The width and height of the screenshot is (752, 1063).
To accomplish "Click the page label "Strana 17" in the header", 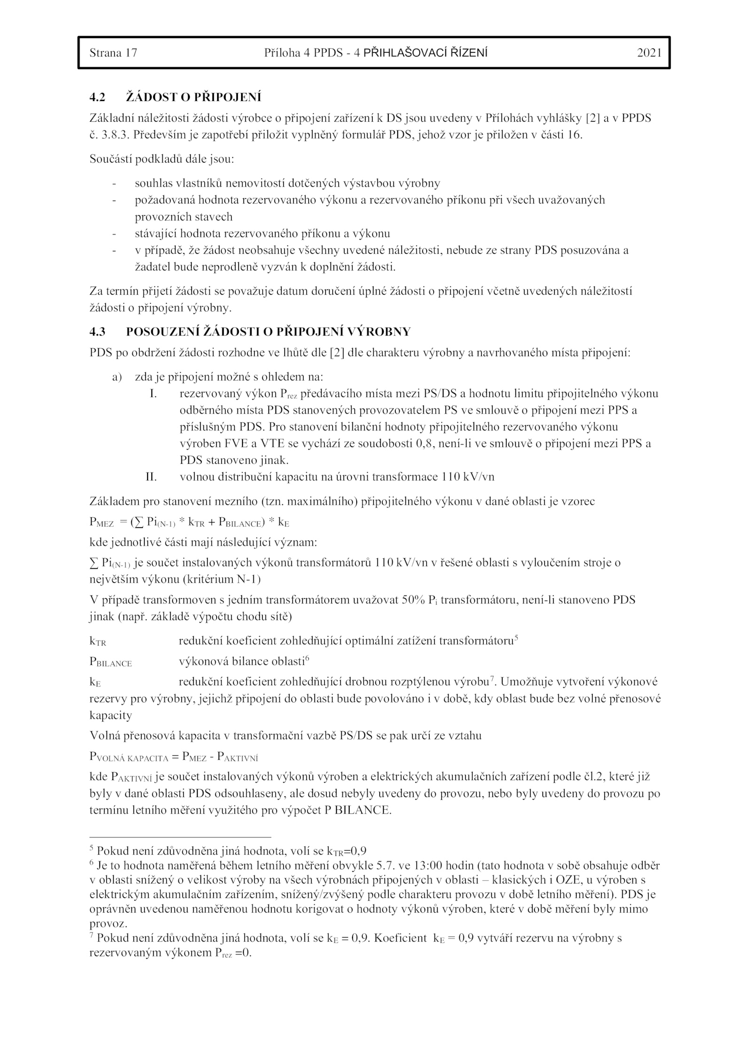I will click(113, 53).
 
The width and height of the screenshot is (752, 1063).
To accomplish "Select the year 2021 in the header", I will click(649, 53).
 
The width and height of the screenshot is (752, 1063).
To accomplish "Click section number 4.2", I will click(97, 97).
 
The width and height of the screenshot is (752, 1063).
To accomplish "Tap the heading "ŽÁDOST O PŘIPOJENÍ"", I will click(193, 97).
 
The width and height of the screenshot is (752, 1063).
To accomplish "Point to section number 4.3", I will click(97, 332).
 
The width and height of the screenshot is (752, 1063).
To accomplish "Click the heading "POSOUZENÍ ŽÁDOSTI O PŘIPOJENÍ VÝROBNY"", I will click(268, 332).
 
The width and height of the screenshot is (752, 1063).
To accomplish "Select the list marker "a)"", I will click(117, 377).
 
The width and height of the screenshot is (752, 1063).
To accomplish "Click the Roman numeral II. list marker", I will click(151, 477).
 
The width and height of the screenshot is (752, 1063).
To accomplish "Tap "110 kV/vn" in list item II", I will click(468, 477).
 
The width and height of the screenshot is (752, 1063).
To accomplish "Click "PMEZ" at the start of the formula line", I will click(102, 523).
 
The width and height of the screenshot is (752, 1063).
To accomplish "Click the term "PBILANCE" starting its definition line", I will click(110, 662).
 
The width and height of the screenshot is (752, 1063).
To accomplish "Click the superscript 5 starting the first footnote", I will click(92, 848).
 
